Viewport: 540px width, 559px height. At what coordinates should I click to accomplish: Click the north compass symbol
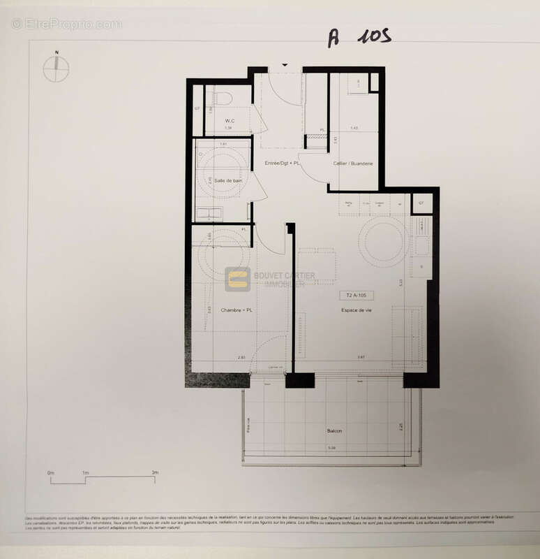(56, 68)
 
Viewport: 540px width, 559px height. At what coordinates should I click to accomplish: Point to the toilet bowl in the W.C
(223, 99)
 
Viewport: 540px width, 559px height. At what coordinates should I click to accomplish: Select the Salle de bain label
(228, 180)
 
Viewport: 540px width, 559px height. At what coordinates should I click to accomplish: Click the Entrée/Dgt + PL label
(282, 163)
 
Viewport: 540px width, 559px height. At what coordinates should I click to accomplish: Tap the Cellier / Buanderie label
(353, 163)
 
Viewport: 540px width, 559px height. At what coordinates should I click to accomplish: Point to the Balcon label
(335, 430)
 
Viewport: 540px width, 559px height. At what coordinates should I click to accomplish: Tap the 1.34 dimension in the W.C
(227, 129)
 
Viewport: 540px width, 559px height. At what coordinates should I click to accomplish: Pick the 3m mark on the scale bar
(155, 473)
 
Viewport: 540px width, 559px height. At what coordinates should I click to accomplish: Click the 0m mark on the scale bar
(51, 473)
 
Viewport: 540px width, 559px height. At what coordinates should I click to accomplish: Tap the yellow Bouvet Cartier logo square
(237, 279)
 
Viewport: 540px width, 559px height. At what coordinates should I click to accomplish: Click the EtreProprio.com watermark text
(66, 24)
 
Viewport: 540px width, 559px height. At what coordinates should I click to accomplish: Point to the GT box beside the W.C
(197, 109)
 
